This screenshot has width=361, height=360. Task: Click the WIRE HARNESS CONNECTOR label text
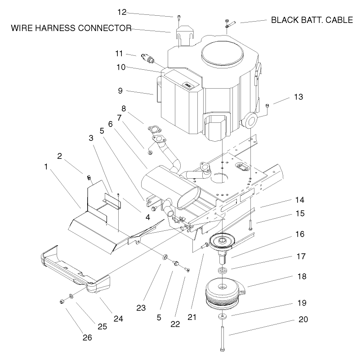[71, 28]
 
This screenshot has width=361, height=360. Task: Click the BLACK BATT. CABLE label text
[315, 20]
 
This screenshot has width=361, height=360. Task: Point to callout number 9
[120, 90]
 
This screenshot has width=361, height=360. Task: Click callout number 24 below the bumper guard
[118, 319]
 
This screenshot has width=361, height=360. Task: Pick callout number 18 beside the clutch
[301, 276]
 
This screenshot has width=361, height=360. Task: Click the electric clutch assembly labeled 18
[224, 293]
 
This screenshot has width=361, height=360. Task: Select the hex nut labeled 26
[62, 301]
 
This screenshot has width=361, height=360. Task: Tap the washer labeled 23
[165, 258]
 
